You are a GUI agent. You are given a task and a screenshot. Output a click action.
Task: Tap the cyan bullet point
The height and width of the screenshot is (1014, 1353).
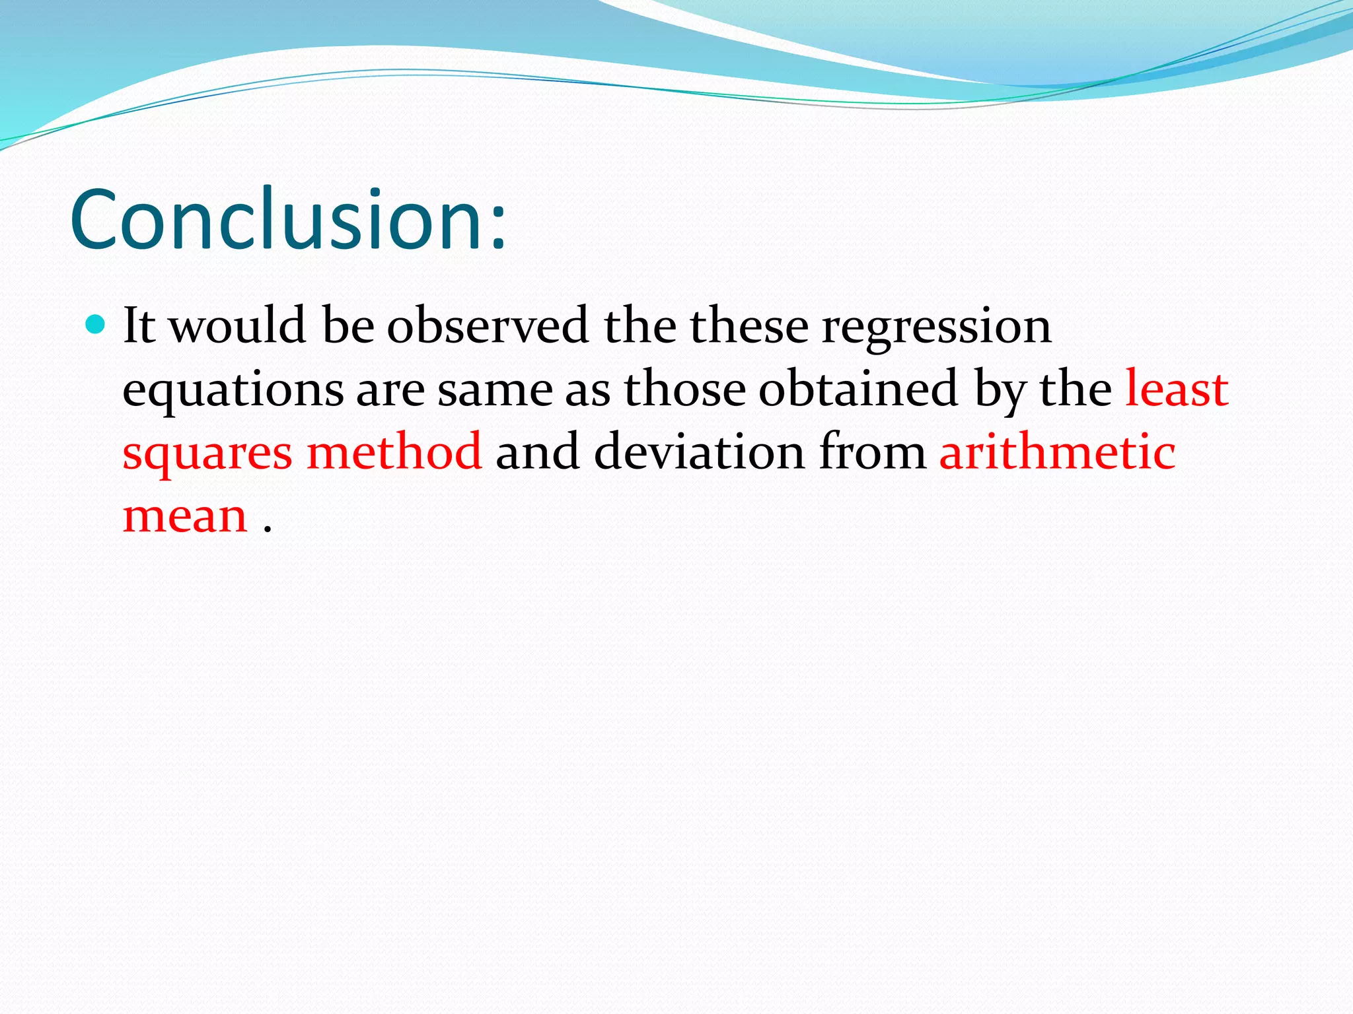click(x=96, y=324)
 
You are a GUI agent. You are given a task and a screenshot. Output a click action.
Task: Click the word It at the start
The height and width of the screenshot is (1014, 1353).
click(x=139, y=325)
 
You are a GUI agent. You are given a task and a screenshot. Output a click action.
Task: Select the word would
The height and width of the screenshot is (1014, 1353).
click(x=238, y=325)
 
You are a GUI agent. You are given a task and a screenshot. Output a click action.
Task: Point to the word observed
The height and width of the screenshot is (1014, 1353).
click(x=488, y=325)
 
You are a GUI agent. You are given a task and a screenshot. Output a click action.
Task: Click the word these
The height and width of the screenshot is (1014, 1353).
click(x=749, y=325)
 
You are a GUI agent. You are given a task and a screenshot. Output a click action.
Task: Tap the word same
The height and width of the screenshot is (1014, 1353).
click(x=495, y=389)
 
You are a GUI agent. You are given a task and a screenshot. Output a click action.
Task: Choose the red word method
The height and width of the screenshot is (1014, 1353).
click(x=394, y=452)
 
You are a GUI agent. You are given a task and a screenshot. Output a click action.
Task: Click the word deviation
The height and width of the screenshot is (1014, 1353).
click(x=699, y=452)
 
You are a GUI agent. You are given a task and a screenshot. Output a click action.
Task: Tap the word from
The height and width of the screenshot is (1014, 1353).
click(x=873, y=452)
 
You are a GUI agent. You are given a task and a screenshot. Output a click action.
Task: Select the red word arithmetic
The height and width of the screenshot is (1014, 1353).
click(x=1057, y=452)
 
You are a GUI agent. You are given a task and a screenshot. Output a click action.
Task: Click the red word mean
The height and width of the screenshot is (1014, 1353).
click(x=185, y=516)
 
